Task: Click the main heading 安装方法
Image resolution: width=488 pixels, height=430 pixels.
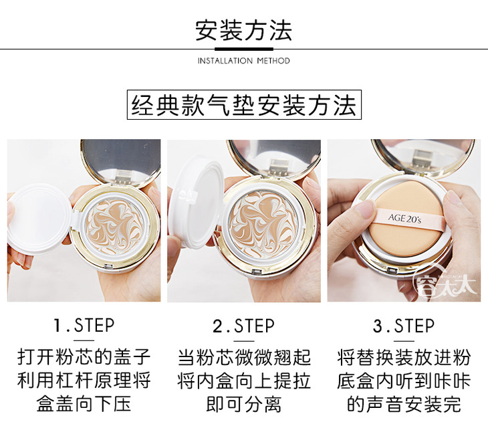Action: tap(244, 31)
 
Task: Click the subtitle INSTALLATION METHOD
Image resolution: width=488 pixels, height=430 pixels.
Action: tap(244, 60)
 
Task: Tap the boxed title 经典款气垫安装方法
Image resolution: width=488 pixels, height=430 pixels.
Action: tap(244, 105)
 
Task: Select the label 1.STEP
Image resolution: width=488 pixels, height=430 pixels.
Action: tap(84, 326)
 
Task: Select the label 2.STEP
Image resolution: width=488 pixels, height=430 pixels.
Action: tap(244, 326)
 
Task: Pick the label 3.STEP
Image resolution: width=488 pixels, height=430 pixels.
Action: tap(404, 326)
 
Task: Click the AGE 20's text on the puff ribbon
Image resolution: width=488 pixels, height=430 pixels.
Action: tap(404, 218)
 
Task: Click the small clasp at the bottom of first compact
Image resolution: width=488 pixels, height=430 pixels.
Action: tap(108, 267)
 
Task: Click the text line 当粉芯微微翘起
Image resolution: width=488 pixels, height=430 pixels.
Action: tap(244, 357)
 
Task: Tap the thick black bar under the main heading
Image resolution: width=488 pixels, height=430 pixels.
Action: tap(244, 49)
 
